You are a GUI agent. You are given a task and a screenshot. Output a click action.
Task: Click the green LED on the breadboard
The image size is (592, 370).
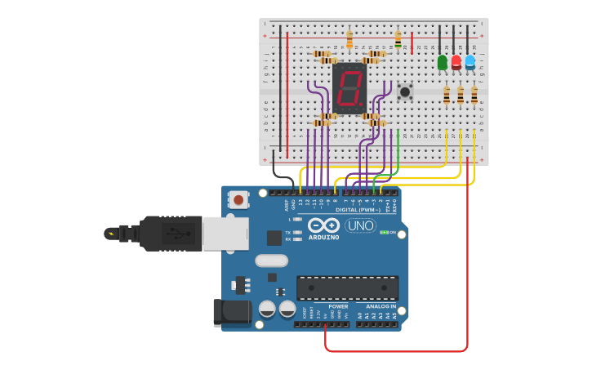click(443, 62)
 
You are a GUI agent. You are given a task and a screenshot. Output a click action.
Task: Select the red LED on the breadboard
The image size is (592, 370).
click(456, 62)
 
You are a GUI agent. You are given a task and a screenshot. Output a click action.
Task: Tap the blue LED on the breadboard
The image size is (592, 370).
click(470, 62)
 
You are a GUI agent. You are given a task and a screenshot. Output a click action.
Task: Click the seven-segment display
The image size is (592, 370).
click(349, 87)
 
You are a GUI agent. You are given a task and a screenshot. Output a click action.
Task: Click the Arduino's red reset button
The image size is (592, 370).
click(238, 198)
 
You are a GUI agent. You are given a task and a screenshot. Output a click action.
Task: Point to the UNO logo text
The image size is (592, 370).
click(361, 225)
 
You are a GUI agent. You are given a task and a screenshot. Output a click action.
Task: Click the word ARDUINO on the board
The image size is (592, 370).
click(323, 238)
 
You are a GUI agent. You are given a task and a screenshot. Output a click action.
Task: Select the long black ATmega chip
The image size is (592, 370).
click(347, 288)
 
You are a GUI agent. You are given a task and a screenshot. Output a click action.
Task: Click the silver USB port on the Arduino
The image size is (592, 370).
click(225, 233)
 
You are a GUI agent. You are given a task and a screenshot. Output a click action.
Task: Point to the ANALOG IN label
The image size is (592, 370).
click(381, 306)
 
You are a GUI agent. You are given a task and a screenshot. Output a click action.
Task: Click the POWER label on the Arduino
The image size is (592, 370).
click(338, 306)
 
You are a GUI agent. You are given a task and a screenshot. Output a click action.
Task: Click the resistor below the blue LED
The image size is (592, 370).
click(474, 95)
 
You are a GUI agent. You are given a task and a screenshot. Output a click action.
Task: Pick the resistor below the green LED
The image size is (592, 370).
click(447, 95)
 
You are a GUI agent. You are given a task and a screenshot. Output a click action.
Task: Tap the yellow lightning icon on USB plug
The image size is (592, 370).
click(109, 234)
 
